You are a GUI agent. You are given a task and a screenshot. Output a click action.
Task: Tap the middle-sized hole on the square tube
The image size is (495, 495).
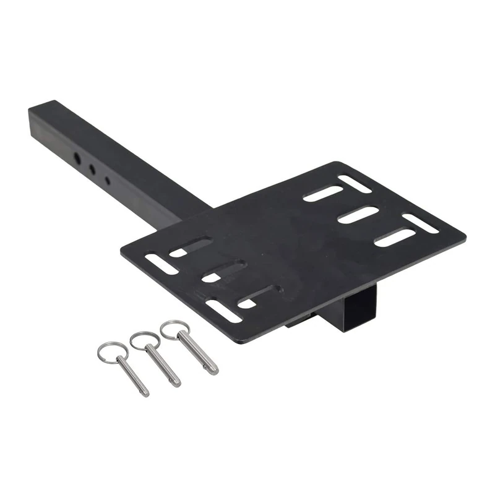(92, 168)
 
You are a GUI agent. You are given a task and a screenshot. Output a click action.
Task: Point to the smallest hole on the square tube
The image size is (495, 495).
(107, 181)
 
